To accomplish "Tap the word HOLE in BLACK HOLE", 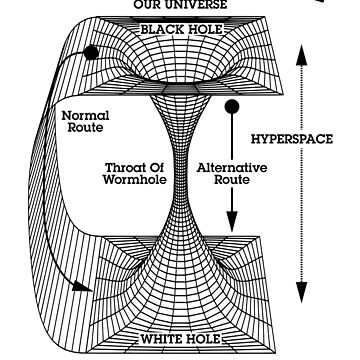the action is [x=203, y=29].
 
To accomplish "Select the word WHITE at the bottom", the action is [x=161, y=339].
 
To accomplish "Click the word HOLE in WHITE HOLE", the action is [x=202, y=339].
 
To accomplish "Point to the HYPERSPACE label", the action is [x=292, y=139].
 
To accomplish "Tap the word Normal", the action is [x=85, y=116].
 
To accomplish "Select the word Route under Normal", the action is [x=85, y=128].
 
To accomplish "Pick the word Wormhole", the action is [x=135, y=180].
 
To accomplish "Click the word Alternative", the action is [x=232, y=168].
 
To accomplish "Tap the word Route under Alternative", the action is [x=232, y=180].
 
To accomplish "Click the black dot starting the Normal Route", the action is [x=91, y=53].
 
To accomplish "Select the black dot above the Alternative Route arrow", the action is [x=232, y=107].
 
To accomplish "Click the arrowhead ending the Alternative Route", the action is [x=232, y=221].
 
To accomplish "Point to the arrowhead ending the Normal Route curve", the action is [x=82, y=287].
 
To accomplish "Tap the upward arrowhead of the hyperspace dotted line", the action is [x=301, y=55].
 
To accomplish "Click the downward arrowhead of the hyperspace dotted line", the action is [x=301, y=292].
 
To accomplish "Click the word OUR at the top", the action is [x=146, y=5].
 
